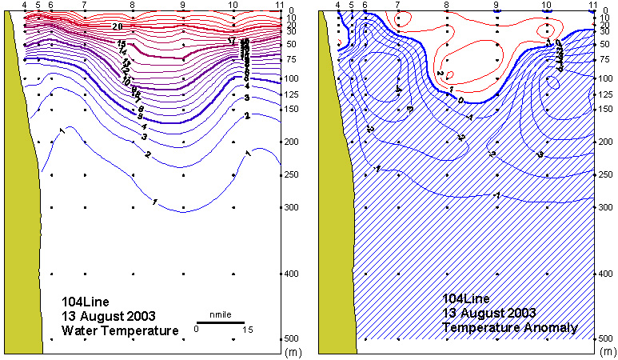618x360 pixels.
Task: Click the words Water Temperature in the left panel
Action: (120, 330)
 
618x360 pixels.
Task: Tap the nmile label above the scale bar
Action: (220, 314)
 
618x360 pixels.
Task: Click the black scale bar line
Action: (220, 322)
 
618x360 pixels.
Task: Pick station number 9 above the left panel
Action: (183, 5)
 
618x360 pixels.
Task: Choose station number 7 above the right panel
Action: (398, 5)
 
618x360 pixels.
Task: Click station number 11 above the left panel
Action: (281, 5)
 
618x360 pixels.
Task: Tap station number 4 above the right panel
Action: (339, 5)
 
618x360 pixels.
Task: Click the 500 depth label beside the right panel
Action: (606, 339)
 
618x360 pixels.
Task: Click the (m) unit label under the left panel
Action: (293, 350)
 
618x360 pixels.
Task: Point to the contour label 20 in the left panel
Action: (117, 26)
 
